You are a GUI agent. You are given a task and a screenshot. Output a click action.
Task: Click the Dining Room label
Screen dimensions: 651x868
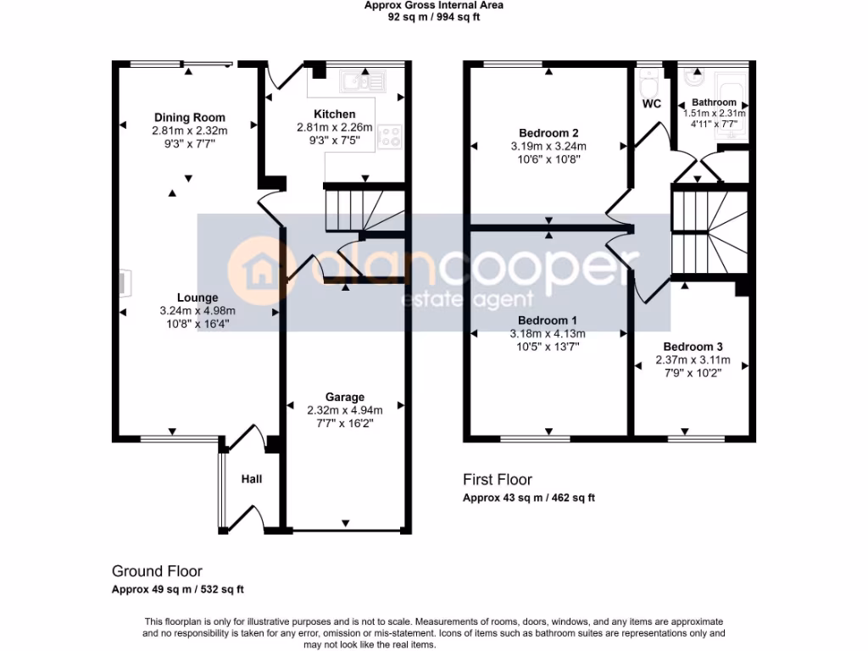coord(190,118)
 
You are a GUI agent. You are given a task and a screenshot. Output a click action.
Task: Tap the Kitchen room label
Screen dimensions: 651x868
coord(335,114)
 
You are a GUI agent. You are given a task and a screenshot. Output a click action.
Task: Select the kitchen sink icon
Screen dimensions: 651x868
coord(362,81)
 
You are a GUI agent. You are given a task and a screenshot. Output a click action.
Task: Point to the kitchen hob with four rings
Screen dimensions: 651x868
coord(390,136)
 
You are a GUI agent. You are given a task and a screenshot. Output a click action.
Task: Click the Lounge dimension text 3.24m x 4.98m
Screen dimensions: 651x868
coord(198,311)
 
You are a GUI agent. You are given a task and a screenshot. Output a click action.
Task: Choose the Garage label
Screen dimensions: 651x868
coord(345,397)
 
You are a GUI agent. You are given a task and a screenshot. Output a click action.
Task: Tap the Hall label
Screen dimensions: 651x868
coord(252,479)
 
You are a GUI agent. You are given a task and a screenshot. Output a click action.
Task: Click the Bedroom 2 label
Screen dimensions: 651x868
coord(548,133)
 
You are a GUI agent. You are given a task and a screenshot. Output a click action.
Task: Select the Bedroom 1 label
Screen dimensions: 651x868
coord(548,320)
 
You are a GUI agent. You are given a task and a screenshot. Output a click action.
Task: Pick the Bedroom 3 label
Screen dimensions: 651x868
coord(693,347)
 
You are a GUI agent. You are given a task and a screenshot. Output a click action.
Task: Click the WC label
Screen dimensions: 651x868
coord(652,104)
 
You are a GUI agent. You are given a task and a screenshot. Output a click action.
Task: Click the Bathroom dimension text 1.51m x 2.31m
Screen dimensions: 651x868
coord(714,113)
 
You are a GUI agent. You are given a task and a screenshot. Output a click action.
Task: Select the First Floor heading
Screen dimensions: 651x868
coord(498,480)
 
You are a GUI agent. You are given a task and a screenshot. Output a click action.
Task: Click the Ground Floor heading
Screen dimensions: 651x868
coord(157,571)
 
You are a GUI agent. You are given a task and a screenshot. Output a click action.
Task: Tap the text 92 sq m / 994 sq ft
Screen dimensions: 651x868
coord(434,17)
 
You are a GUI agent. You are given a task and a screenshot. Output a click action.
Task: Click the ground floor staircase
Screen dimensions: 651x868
coord(349,209)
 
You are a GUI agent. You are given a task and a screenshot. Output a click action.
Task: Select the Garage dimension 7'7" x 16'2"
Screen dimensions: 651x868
coord(345,424)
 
